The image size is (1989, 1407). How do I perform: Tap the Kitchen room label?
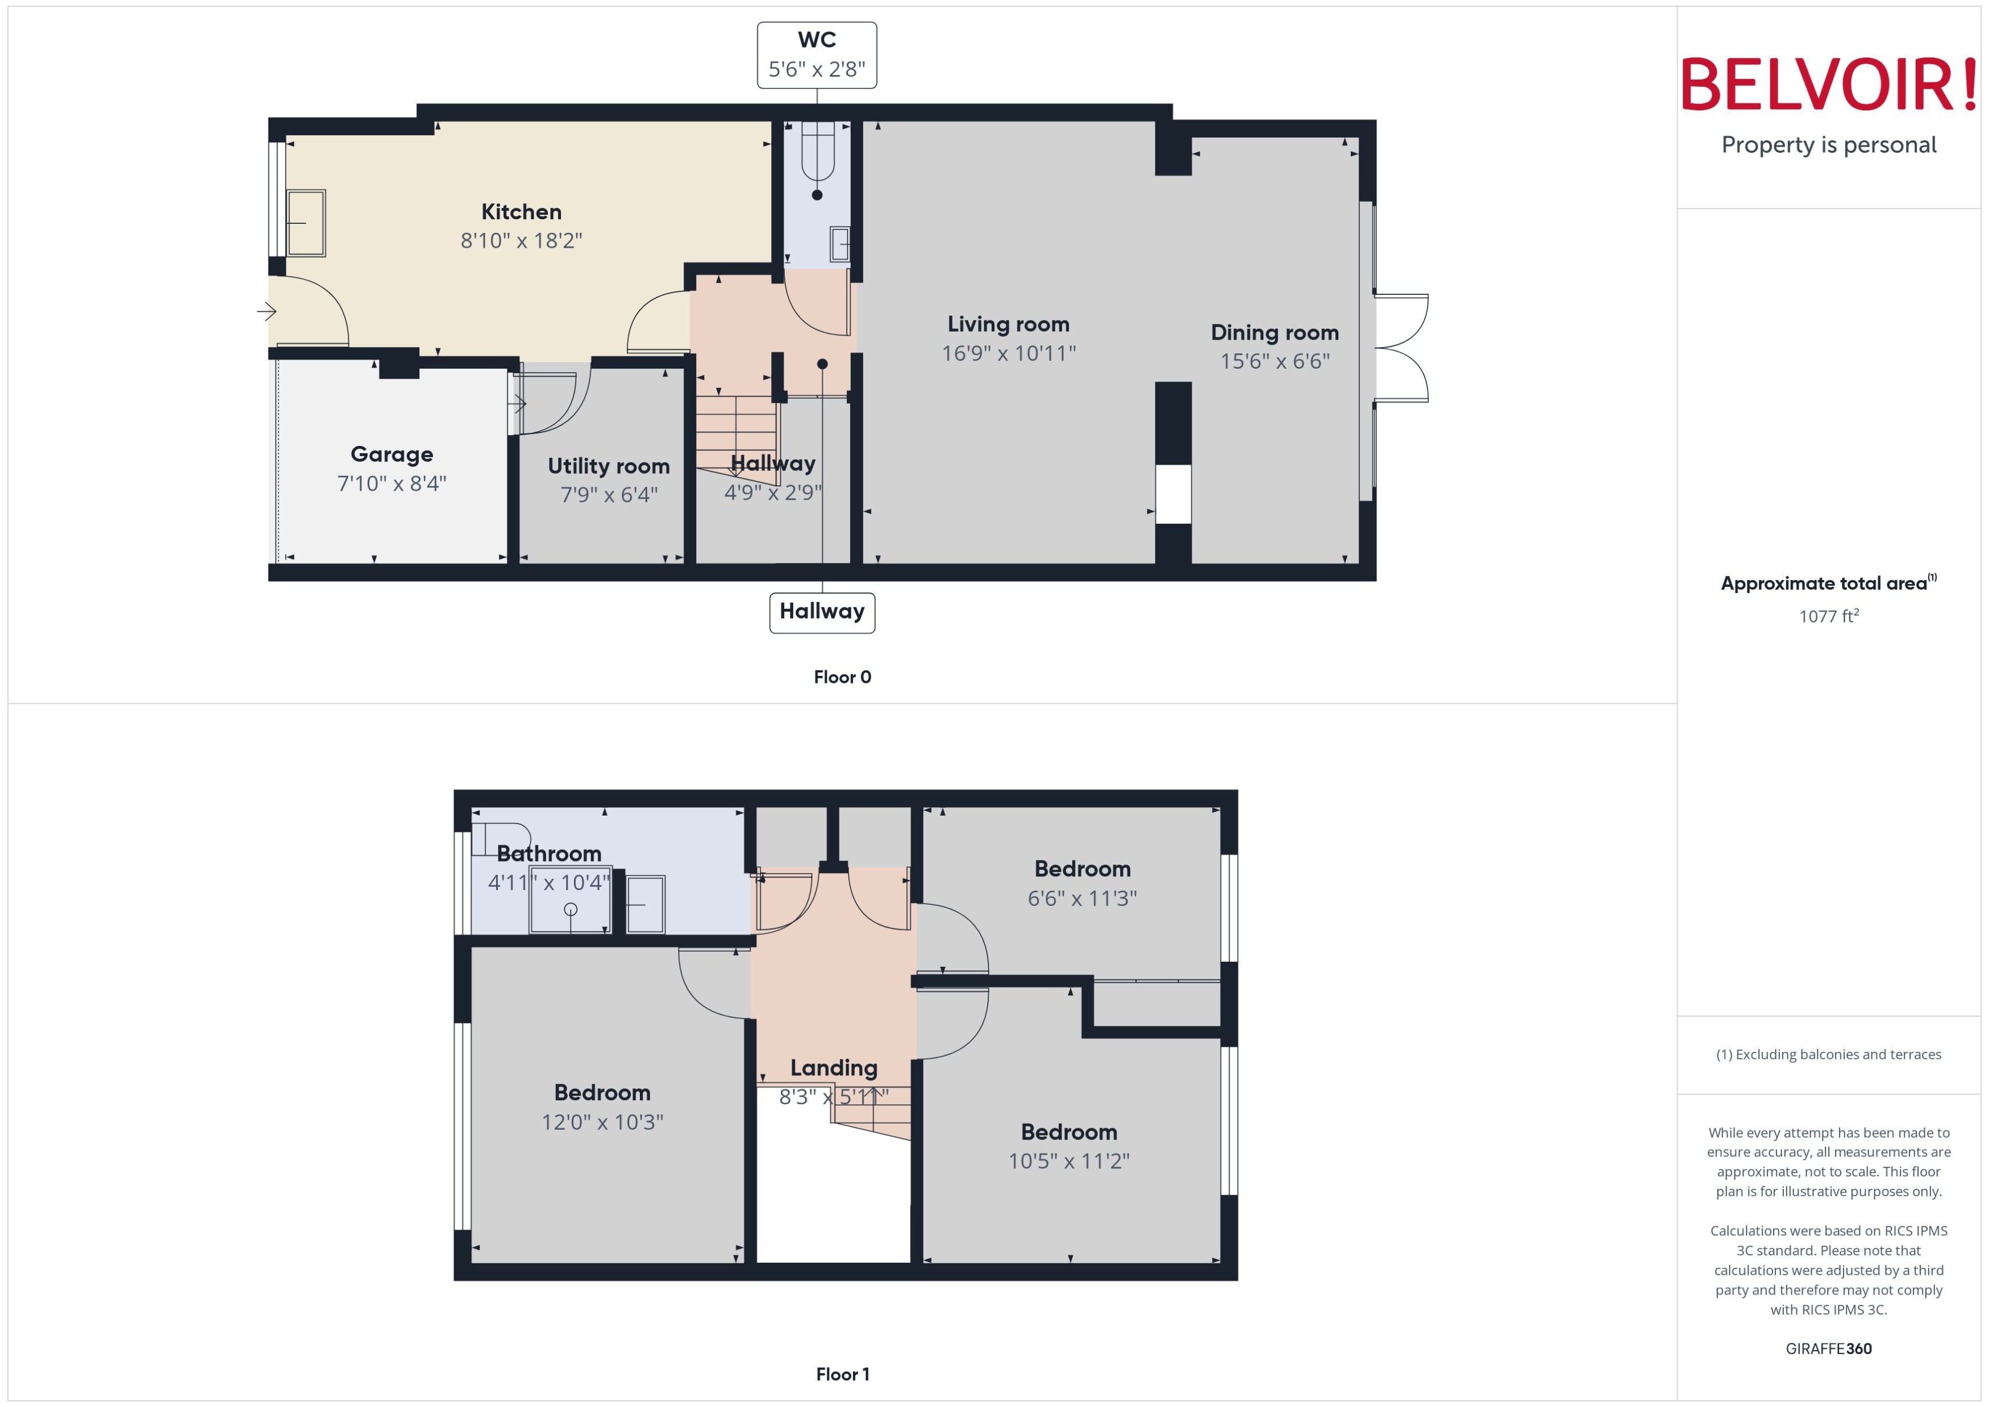click(521, 211)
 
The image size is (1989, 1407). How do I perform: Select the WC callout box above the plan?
click(817, 55)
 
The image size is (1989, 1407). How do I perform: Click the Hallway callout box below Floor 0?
click(822, 612)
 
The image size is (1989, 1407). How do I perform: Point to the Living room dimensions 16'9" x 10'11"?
click(1009, 353)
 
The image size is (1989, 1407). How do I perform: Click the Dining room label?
click(1274, 333)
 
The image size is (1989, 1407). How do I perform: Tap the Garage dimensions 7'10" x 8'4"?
click(392, 483)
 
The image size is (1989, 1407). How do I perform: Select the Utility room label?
click(609, 466)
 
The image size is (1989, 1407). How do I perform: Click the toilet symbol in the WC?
click(817, 156)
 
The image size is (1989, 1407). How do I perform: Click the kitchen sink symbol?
click(305, 224)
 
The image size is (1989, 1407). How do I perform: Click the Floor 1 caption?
click(842, 1374)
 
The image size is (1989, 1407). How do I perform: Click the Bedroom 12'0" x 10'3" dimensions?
click(602, 1122)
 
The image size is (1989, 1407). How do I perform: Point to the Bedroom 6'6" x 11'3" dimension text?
click(1081, 899)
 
